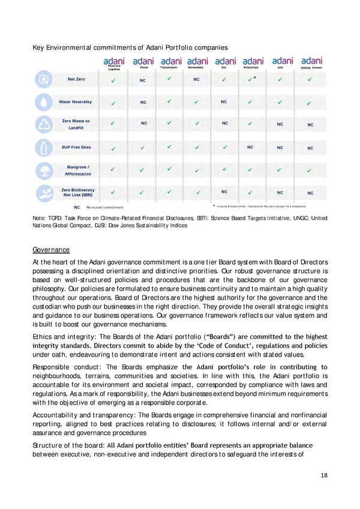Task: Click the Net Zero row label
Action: [75, 79]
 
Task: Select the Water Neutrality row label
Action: [75, 101]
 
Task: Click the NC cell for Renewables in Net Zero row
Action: [196, 79]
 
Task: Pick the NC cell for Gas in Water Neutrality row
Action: [224, 101]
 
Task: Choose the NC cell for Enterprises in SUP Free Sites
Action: [250, 147]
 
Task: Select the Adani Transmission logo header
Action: [171, 63]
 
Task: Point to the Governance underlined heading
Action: [52, 249]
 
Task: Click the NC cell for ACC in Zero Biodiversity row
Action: [280, 193]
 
